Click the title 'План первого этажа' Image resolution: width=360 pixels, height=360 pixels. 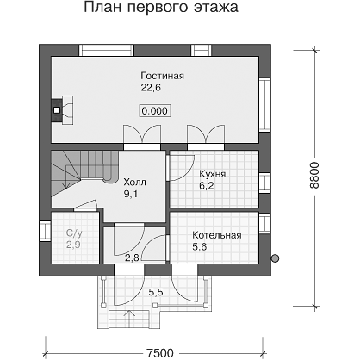[x=161, y=7]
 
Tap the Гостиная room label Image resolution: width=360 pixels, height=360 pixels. [x=162, y=76]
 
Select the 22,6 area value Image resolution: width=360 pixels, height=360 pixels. [x=151, y=88]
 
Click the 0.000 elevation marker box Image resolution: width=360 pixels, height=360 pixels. [x=155, y=111]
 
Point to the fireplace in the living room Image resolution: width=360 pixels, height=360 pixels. [x=62, y=110]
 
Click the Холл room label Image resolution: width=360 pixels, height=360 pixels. [x=134, y=182]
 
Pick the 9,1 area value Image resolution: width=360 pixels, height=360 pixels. [x=131, y=195]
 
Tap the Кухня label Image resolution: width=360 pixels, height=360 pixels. [x=213, y=174]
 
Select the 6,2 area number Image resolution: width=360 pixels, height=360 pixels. [x=207, y=186]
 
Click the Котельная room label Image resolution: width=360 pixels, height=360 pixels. [x=217, y=235]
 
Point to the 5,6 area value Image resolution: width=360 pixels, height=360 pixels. [x=200, y=247]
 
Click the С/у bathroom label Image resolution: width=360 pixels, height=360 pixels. [x=74, y=233]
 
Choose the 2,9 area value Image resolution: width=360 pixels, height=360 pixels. [x=73, y=245]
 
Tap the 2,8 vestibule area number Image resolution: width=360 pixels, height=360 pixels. [x=132, y=258]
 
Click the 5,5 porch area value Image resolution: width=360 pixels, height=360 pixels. [x=156, y=292]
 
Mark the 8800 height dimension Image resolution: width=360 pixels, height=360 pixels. [x=314, y=175]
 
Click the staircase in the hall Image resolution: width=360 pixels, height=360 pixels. [x=84, y=174]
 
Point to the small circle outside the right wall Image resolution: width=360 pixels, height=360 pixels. [x=275, y=258]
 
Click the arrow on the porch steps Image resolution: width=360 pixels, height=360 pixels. [x=130, y=318]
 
